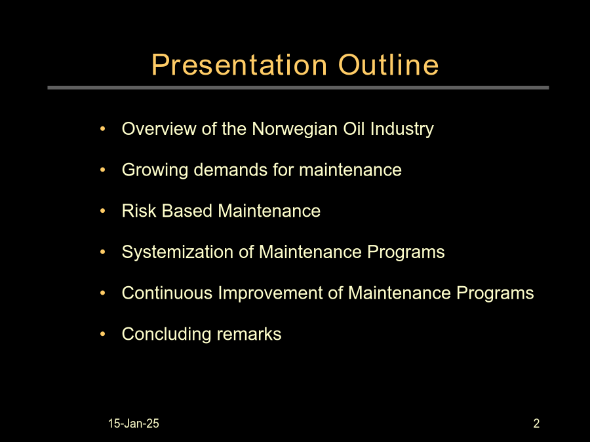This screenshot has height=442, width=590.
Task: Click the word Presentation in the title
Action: tap(239, 65)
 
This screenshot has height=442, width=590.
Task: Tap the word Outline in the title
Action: tap(388, 65)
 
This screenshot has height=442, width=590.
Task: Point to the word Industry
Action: tap(402, 130)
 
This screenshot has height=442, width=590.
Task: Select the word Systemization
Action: tap(178, 253)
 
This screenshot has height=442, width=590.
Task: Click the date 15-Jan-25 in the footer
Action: tap(134, 424)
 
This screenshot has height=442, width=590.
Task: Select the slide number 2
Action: tap(536, 424)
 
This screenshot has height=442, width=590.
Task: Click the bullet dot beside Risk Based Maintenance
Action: tap(103, 211)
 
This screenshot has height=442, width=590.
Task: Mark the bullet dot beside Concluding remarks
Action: tap(103, 334)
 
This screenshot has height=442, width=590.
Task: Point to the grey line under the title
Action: tap(298, 88)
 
